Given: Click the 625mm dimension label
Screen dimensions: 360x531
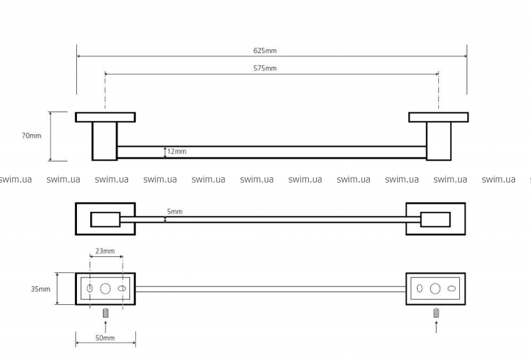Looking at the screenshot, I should point(265,50).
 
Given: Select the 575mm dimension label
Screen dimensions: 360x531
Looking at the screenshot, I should point(265,68).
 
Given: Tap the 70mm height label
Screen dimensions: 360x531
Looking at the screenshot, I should point(31,135).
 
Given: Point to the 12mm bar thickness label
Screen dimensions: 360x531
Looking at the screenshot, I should point(177,152).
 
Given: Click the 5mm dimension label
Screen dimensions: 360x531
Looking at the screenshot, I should point(175,211).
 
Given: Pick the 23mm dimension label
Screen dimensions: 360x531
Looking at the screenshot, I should point(106,251).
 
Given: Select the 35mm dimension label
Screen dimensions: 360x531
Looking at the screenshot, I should point(40,289).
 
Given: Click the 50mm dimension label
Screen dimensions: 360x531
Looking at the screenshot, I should point(104,338).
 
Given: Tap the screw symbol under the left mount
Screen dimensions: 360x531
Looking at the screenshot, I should point(105,313).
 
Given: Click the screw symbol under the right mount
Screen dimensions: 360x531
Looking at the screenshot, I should point(436,313).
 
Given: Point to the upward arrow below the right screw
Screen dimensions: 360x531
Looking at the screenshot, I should point(436,326).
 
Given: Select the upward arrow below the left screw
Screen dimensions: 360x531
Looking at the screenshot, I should point(105,326).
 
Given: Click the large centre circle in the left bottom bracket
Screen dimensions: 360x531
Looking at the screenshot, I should point(105,289).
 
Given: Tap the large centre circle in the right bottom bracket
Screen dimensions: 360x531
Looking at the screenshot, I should point(435,289).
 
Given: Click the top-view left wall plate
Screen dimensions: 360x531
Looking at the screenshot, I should point(105,118).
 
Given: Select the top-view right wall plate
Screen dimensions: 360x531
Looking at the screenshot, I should point(438,118).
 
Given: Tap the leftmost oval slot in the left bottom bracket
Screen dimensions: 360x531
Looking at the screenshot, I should point(90,289).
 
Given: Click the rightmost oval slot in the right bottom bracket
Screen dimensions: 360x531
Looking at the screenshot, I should point(451,289).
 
